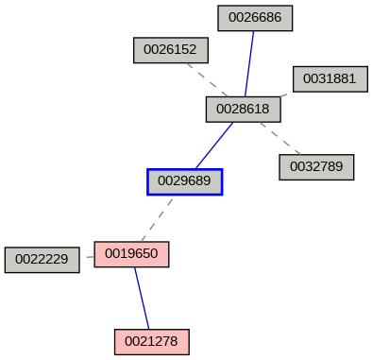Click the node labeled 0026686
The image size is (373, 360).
click(x=255, y=18)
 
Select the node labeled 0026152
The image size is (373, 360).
click(x=170, y=50)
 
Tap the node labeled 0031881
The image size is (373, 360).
click(x=330, y=78)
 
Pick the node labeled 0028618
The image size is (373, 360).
click(x=243, y=110)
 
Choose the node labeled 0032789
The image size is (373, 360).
click(x=316, y=167)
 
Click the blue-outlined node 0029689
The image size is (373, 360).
click(x=184, y=180)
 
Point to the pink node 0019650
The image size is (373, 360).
click(x=131, y=254)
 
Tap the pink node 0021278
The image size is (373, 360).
click(x=152, y=341)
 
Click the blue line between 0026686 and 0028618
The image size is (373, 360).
click(x=249, y=63)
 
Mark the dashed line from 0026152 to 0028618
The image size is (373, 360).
click(x=208, y=80)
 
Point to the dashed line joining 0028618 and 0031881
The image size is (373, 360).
click(x=286, y=94)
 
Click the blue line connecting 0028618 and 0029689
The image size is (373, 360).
click(x=214, y=145)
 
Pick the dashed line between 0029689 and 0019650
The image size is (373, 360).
click(x=157, y=217)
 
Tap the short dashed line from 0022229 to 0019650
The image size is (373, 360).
click(x=87, y=257)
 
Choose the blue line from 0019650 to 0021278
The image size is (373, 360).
click(x=142, y=298)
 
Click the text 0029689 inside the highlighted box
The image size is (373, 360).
click(x=184, y=180)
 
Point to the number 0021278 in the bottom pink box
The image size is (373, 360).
click(x=152, y=341)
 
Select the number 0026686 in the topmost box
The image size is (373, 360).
click(x=255, y=18)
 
